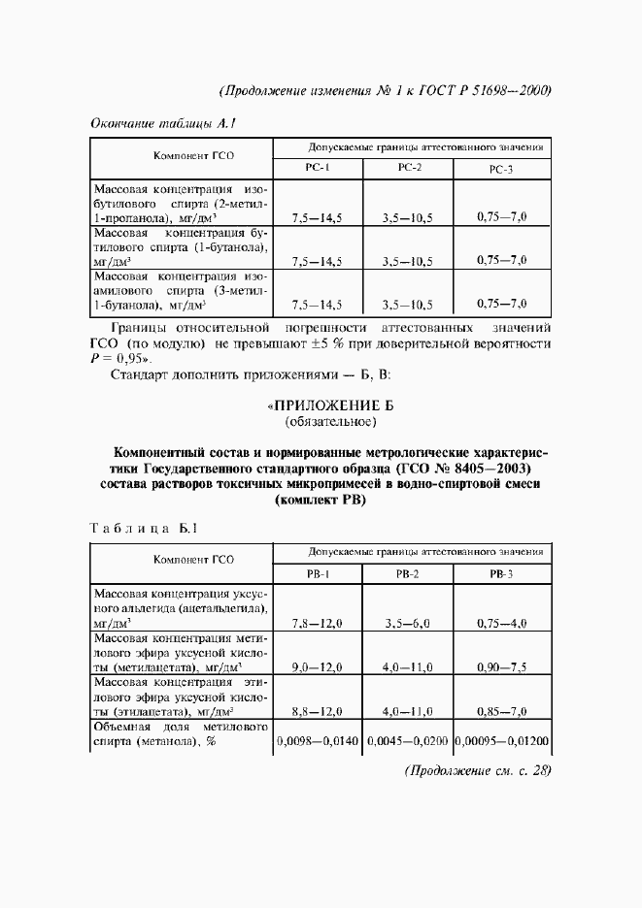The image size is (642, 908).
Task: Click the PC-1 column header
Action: pyautogui.click(x=319, y=169)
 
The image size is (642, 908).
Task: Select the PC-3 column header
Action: pyautogui.click(x=500, y=170)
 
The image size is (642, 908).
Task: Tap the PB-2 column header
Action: pyautogui.click(x=407, y=574)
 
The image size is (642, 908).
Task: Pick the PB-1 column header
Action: pyautogui.click(x=319, y=574)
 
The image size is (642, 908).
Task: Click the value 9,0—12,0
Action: pyautogui.click(x=317, y=668)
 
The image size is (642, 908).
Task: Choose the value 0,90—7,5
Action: pyautogui.click(x=501, y=668)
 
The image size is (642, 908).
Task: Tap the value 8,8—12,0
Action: pyautogui.click(x=317, y=712)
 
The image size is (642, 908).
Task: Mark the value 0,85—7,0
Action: pyautogui.click(x=501, y=712)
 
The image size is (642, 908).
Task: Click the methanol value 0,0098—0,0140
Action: pyautogui.click(x=319, y=742)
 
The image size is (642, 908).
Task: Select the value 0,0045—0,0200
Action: pyautogui.click(x=407, y=742)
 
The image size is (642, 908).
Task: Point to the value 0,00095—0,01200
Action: pyautogui.click(x=502, y=742)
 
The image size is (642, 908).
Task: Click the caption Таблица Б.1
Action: pyautogui.click(x=144, y=529)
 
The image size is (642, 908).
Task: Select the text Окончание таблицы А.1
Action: pyautogui.click(x=164, y=123)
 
